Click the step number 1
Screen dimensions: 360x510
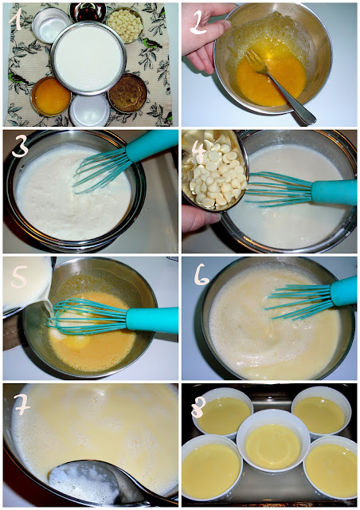pos(15,19)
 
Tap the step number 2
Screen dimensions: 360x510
pos(198,22)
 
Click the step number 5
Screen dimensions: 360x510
pos(19,277)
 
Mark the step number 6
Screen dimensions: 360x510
pos(202,276)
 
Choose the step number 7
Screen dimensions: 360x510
pos(22,404)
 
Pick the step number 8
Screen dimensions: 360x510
pos(198,406)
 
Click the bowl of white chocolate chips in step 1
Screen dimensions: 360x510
pos(125,25)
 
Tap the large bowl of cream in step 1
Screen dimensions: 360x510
pos(88,58)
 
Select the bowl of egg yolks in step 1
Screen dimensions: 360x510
pos(51,96)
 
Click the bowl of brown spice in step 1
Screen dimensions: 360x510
pos(128,93)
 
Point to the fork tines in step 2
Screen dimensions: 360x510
pos(256,61)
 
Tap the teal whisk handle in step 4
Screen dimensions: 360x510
pos(334,193)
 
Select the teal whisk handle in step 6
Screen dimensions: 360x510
pos(343,292)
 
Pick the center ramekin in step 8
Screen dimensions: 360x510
pos(273,441)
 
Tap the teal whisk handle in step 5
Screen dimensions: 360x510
pos(152,320)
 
